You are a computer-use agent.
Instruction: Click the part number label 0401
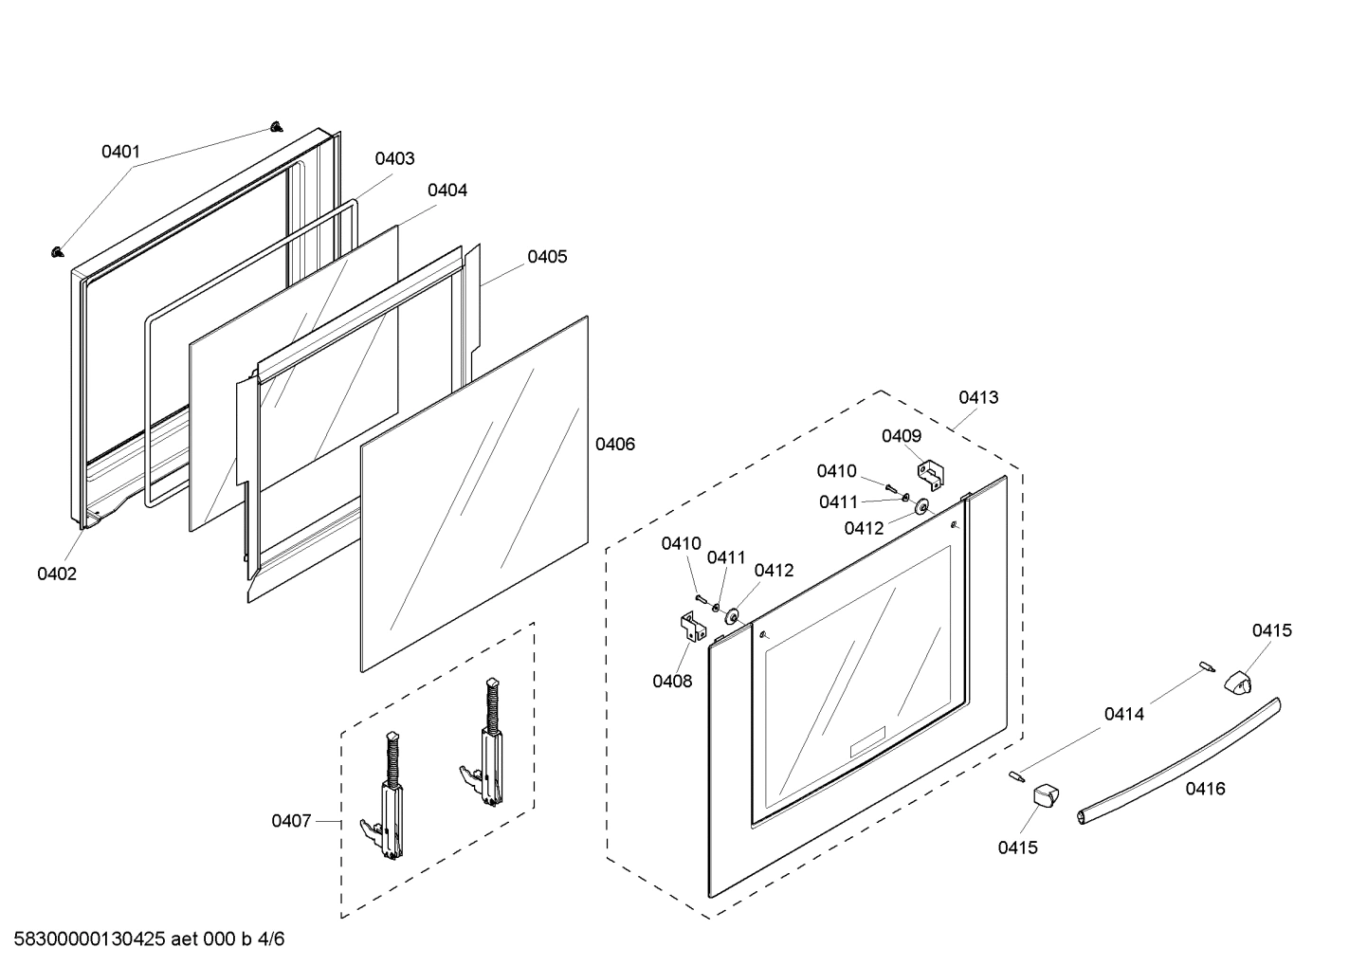coord(120,152)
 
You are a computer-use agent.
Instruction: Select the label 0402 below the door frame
coord(57,574)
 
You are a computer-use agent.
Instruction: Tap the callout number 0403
coord(394,158)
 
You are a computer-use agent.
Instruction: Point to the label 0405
coord(547,257)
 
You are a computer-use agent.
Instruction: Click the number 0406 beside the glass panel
coord(614,444)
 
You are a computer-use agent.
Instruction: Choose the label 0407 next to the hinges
coord(291,821)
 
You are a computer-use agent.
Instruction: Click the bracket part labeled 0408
coord(689,627)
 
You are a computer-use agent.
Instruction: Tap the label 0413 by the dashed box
coord(977,397)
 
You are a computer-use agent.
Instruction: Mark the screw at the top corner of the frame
coord(276,126)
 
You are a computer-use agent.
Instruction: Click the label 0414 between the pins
coord(1123,714)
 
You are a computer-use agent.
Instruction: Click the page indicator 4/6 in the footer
coord(270,939)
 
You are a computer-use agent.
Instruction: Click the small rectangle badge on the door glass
coord(866,741)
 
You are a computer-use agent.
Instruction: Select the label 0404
coord(447,190)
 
